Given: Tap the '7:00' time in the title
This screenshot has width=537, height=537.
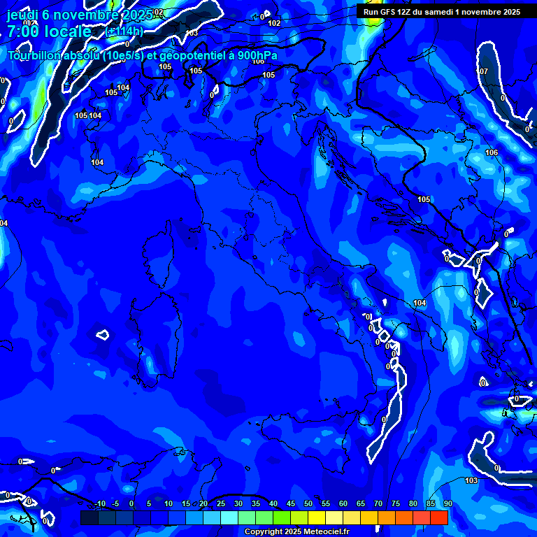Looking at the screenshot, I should point(22,31).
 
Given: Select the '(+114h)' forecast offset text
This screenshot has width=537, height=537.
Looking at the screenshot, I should point(124,32).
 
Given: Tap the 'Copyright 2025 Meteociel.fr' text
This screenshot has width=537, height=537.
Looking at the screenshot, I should point(296,531).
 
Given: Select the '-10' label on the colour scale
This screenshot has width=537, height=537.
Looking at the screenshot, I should point(99,503).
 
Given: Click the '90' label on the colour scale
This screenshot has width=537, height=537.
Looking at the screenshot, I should point(447,503).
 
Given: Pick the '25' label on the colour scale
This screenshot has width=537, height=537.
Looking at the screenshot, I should point(220,503).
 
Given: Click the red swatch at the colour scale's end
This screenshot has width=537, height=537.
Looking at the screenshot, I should point(438,517).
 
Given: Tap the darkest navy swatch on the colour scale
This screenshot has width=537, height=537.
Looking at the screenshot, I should point(89,517).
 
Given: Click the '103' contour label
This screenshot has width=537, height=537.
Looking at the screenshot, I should point(471,480).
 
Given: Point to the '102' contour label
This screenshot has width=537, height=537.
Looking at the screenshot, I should point(274,23).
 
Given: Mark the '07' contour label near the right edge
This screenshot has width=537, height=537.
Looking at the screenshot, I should point(484,71).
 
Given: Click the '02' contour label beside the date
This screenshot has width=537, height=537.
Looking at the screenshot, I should point(159,12).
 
